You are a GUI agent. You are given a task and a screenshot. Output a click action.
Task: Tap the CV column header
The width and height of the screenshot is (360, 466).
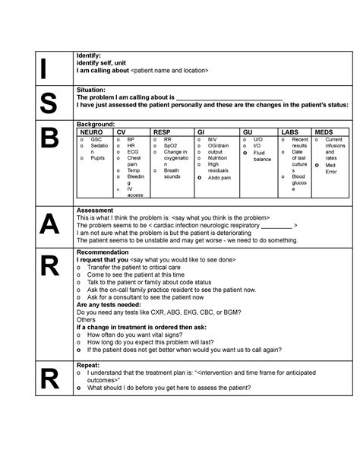pos(122,132)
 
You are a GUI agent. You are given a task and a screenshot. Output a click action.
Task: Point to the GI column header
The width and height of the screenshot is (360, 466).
pos(201,132)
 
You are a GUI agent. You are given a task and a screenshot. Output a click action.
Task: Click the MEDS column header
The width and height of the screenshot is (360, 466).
pos(324,132)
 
